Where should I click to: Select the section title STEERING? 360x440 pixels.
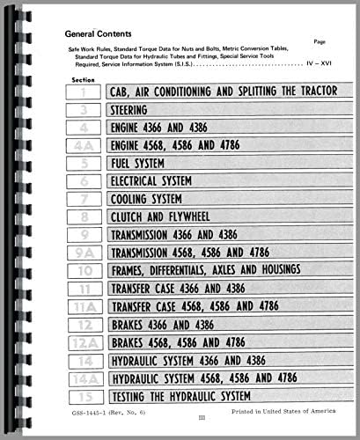(131, 111)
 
